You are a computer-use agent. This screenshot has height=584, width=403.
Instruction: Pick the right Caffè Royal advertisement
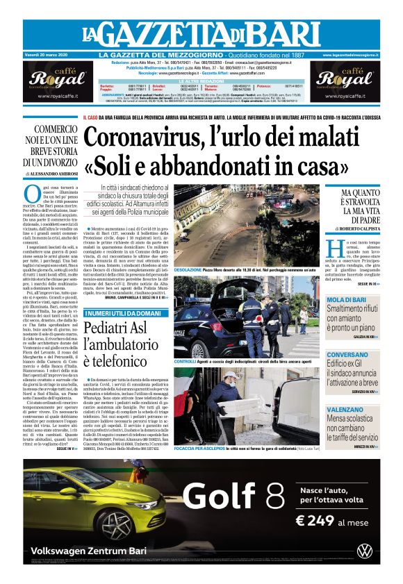click(345, 83)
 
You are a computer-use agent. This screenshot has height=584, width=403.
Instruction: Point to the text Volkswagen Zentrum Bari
click(90, 552)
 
